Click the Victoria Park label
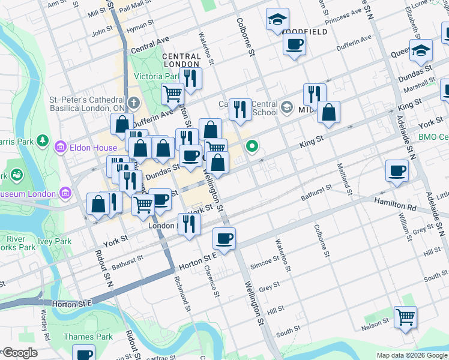pos(157,76)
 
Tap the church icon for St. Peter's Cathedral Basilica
pos(133,103)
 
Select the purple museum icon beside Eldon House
pos(60,146)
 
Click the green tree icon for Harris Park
pos(43,140)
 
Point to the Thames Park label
pos(88,337)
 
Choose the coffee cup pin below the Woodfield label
pos(294,44)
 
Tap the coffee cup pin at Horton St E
pos(224,238)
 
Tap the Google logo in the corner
pos(19,353)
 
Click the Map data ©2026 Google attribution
pos(411,355)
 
